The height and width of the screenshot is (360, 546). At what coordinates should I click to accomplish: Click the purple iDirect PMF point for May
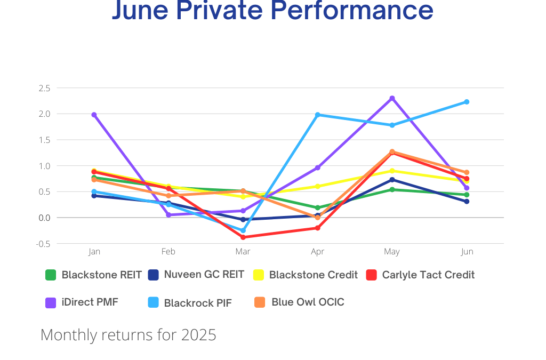click(392, 98)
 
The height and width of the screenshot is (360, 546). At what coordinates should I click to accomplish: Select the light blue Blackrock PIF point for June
click(467, 102)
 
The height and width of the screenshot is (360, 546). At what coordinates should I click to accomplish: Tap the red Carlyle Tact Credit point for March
click(243, 237)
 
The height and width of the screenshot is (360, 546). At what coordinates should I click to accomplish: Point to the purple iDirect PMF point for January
click(94, 115)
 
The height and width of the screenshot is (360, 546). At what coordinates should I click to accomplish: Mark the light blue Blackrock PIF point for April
click(317, 115)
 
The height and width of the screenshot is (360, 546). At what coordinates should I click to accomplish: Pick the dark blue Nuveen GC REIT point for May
click(392, 180)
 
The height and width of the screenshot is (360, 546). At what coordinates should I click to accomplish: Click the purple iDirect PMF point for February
click(168, 215)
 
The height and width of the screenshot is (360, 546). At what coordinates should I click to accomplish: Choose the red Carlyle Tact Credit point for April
click(317, 228)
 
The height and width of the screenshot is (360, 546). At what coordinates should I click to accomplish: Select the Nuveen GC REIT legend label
click(204, 275)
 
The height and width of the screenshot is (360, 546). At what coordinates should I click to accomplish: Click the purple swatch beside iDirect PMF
click(51, 302)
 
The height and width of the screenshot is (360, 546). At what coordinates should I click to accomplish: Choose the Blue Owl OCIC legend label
click(308, 302)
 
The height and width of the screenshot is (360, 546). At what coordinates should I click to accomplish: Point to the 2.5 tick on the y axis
click(44, 88)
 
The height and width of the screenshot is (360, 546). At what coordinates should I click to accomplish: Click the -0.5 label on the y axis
click(44, 244)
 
